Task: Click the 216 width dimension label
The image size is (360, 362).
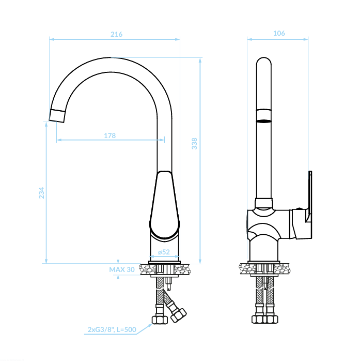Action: tap(116, 34)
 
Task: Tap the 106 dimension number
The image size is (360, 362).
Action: tap(279, 33)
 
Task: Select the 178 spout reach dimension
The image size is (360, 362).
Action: tap(110, 135)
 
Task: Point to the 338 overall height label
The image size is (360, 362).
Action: tap(194, 144)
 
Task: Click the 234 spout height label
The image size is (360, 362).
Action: tap(41, 193)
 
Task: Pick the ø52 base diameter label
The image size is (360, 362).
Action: tap(164, 252)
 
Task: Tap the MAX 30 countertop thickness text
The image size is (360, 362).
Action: tap(122, 269)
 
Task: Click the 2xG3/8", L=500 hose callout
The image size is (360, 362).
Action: tap(112, 329)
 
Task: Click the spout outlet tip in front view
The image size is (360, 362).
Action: tap(57, 116)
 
